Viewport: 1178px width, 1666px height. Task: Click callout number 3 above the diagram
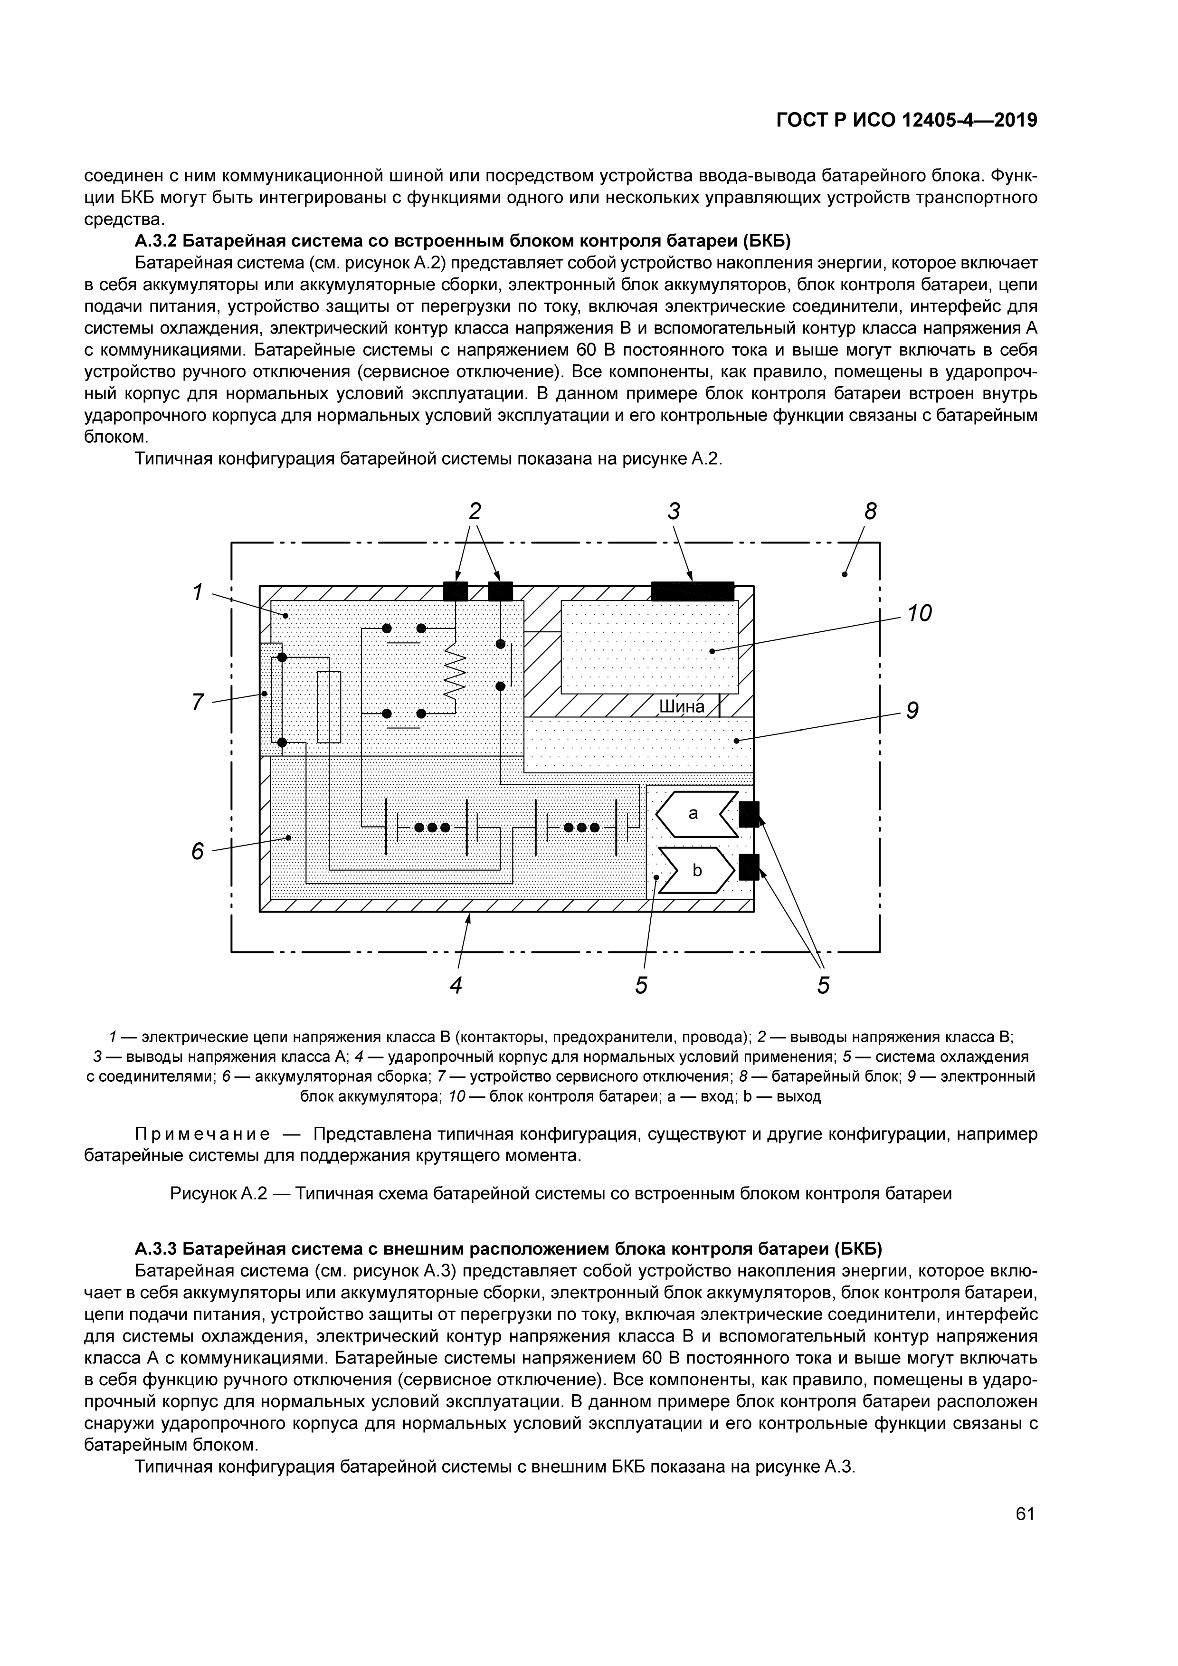[x=674, y=512]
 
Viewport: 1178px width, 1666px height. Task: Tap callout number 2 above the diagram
[x=475, y=512]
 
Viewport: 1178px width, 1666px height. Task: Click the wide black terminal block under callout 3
[x=693, y=591]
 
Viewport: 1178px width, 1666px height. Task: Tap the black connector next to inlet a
[x=749, y=814]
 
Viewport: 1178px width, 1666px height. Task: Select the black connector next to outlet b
[x=749, y=867]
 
